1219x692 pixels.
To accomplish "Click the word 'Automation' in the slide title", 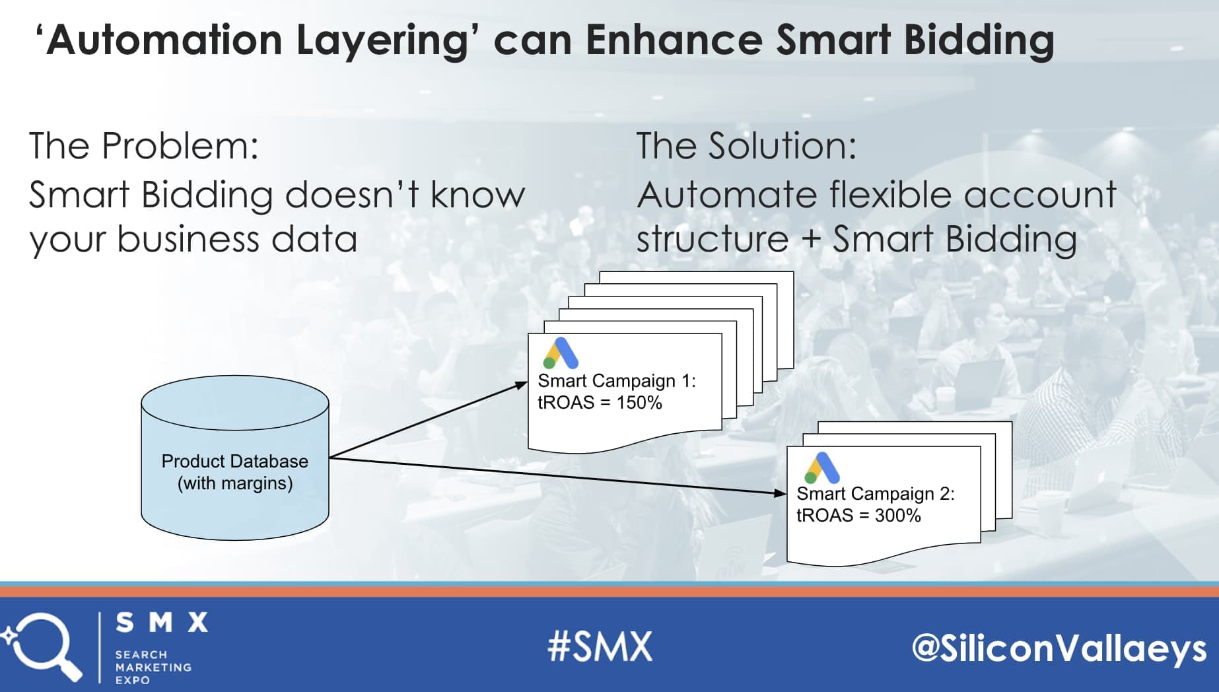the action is (164, 40).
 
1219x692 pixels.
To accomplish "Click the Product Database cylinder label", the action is (235, 471).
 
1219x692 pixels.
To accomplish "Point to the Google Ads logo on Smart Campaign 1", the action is (561, 353).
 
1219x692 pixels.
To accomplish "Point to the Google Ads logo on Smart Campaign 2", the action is (821, 467).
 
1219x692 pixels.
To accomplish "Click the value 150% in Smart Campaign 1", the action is (639, 403).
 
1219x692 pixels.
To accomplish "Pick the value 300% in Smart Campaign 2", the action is (898, 516).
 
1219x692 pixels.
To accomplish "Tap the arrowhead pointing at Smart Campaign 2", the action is (781, 493).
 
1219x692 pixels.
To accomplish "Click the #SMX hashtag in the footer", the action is (600, 646).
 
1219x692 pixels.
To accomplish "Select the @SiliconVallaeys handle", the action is (1059, 648).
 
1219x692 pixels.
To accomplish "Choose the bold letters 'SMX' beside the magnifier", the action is (162, 622).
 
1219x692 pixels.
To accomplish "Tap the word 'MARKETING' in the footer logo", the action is (153, 668).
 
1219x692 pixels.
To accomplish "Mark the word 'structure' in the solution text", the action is (713, 239).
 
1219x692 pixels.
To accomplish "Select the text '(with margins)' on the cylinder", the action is (235, 483).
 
